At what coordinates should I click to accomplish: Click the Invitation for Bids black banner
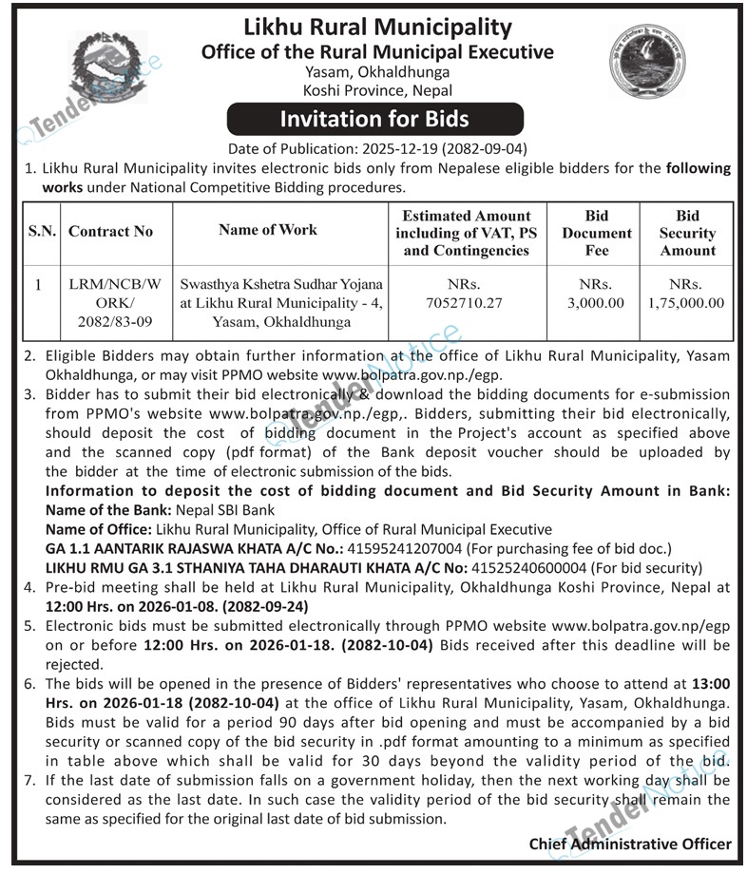[373, 120]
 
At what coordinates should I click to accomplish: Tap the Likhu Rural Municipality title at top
[377, 28]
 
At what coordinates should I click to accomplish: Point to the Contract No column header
[111, 231]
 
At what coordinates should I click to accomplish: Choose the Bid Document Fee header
[597, 232]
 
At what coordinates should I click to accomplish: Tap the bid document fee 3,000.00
[597, 303]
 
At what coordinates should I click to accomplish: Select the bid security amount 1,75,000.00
[688, 303]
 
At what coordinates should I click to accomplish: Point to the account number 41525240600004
[528, 568]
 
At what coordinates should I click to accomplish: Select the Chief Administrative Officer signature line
[630, 844]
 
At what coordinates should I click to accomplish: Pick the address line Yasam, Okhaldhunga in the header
[377, 72]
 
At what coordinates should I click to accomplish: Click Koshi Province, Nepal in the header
[377, 90]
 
